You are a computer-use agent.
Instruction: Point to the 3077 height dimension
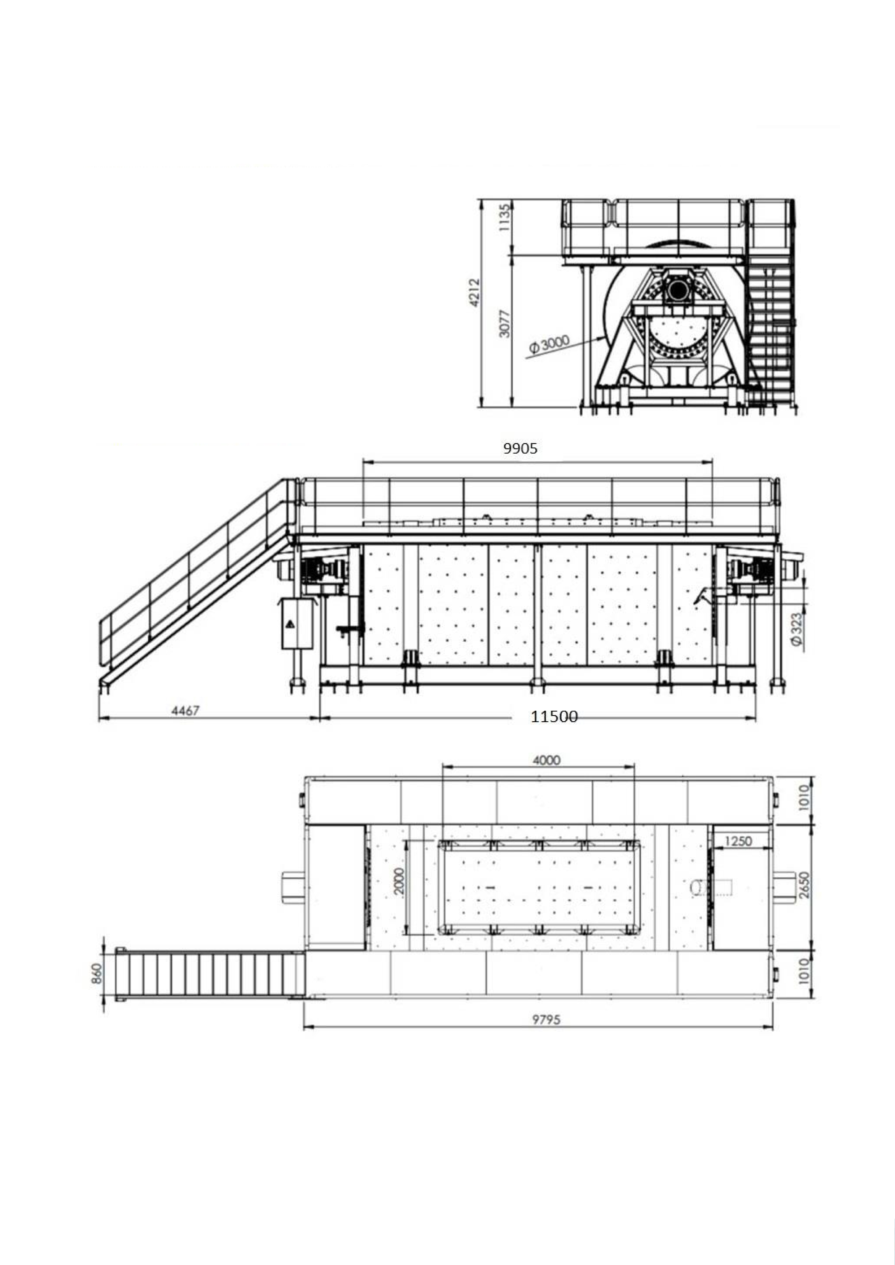pyautogui.click(x=504, y=323)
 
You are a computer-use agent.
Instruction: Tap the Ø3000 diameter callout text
pyautogui.click(x=549, y=344)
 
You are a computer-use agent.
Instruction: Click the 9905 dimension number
pyautogui.click(x=520, y=449)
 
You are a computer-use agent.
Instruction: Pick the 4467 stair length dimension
pyautogui.click(x=185, y=711)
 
